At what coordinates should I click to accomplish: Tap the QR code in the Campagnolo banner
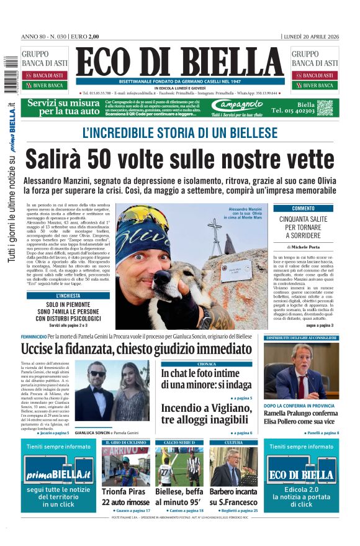pyautogui.click(x=325, y=107)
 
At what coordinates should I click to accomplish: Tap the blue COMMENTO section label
pyautogui.click(x=303, y=209)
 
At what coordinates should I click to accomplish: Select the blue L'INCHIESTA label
pyautogui.click(x=68, y=296)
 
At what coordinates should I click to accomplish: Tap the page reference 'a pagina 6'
pyautogui.click(x=240, y=432)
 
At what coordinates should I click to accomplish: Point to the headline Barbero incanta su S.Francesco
pyautogui.click(x=233, y=496)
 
